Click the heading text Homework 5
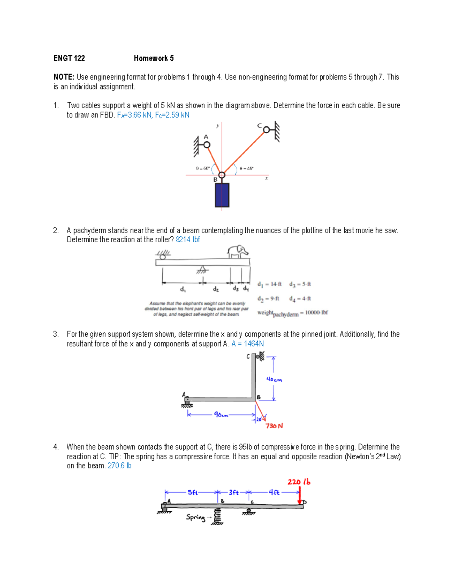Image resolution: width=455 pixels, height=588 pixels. click(x=154, y=58)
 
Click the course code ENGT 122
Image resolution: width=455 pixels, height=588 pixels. click(x=69, y=58)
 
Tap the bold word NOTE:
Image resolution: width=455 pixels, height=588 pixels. click(x=64, y=77)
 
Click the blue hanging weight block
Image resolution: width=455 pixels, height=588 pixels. click(x=222, y=195)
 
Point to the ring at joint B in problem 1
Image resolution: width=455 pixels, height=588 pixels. click(x=222, y=175)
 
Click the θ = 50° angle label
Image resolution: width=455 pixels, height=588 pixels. click(x=203, y=168)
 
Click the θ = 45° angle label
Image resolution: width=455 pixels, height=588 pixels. click(x=246, y=168)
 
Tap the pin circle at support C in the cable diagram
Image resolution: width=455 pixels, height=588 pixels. click(x=267, y=130)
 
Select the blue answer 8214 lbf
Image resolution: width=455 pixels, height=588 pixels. click(x=188, y=240)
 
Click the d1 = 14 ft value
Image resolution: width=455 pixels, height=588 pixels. click(x=270, y=284)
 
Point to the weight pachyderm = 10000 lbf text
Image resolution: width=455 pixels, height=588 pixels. click(x=292, y=313)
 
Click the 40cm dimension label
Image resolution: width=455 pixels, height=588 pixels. click(x=274, y=380)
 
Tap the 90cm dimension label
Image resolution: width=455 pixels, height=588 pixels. click(x=221, y=415)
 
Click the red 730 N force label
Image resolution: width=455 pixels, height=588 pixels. click(x=274, y=426)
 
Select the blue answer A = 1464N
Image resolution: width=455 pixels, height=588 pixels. click(x=248, y=344)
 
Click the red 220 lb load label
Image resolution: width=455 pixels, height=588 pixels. click(x=299, y=482)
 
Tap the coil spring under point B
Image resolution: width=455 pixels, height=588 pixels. click(x=218, y=516)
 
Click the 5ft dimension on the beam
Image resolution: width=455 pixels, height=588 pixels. click(x=193, y=493)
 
